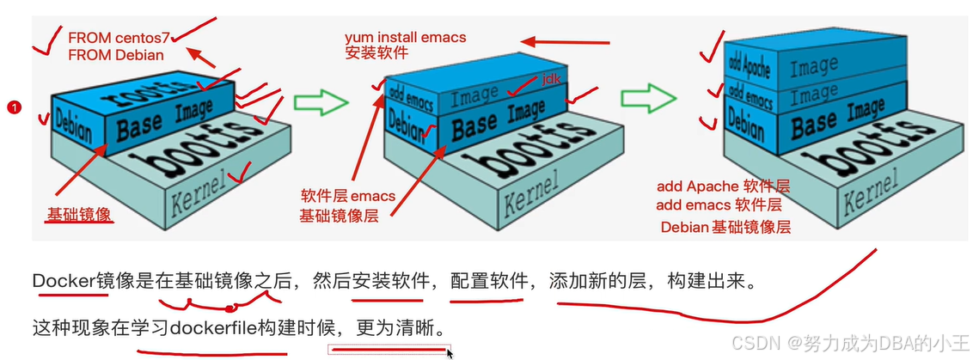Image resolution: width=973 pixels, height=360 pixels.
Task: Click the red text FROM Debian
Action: coord(116,55)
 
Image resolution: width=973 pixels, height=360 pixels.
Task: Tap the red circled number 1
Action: coord(14,107)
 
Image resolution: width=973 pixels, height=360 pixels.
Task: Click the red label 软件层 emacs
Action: coord(348,196)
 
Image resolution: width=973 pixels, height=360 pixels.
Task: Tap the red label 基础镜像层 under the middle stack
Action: coord(339,215)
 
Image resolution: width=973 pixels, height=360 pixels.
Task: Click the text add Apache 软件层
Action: coord(723,186)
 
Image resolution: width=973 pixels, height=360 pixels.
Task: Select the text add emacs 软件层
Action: coord(719,205)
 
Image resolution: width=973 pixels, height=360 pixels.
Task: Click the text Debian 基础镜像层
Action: coord(725,227)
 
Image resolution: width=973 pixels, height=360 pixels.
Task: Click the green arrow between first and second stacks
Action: coord(321,103)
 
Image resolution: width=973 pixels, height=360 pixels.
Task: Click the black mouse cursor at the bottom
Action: coord(450,352)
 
